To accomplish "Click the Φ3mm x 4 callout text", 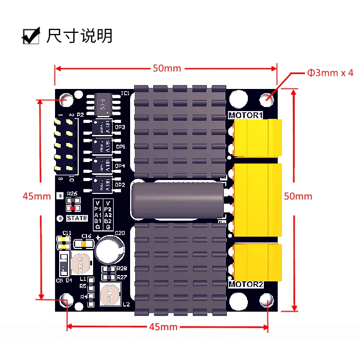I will click(331, 73).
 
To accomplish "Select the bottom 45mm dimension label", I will click(163, 327).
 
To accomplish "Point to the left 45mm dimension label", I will click(37, 196).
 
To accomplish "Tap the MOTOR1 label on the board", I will click(245, 115).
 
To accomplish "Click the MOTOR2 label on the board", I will click(246, 284).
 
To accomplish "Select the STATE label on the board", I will click(77, 218).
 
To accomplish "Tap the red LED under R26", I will click(73, 208).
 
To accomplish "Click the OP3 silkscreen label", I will click(120, 127).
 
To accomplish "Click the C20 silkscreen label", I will click(120, 233).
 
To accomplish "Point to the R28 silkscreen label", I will click(122, 268).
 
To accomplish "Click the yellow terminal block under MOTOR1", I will click(257, 138).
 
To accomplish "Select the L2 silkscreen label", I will click(126, 304).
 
